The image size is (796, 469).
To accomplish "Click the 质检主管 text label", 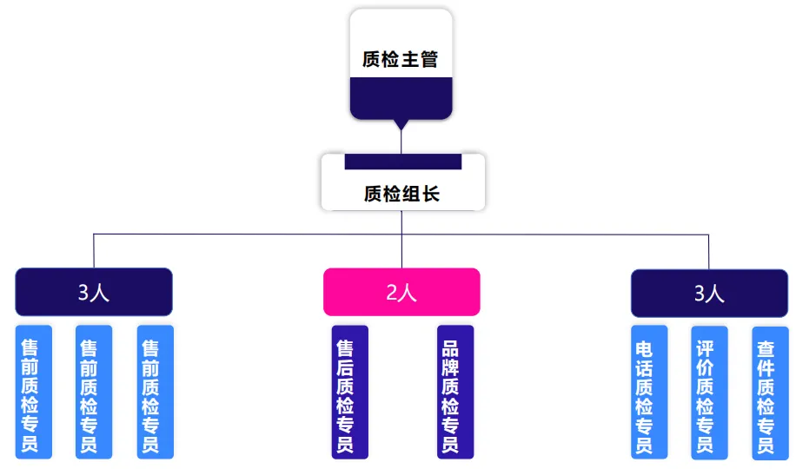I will pos(401,60).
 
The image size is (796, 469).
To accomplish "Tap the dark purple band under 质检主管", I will pos(401,97).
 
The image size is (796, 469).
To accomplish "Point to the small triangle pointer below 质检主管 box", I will pos(401,125).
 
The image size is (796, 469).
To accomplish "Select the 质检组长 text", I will pos(401,194).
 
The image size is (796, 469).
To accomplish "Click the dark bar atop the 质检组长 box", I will pos(402,162).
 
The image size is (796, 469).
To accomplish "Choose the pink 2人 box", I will pos(401,292).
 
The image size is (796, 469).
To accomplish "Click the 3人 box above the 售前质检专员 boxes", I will pos(94,292).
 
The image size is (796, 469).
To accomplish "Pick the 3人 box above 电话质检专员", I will pos(709,293).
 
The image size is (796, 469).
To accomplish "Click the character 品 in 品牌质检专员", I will pos(451,348).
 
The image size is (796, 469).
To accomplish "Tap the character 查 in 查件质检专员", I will pos(766,349).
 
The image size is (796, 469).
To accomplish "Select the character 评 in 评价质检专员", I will pos(705,348).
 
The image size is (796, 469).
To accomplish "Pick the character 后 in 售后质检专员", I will pos(345,367).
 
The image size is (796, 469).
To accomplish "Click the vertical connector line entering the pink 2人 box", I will pos(401,252).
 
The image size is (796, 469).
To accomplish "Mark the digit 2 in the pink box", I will pos(392,293).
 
